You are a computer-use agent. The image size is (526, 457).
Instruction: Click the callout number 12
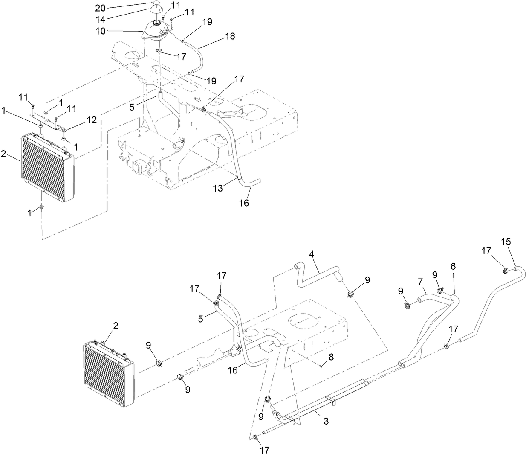click(x=92, y=120)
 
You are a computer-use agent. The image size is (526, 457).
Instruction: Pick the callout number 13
click(x=218, y=188)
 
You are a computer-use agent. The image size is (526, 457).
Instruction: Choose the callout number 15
click(x=506, y=242)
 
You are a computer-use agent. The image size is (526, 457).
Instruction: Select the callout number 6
click(x=453, y=266)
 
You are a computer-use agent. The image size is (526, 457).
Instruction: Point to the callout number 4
click(x=312, y=254)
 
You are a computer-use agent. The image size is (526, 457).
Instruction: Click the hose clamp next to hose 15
click(x=505, y=269)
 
